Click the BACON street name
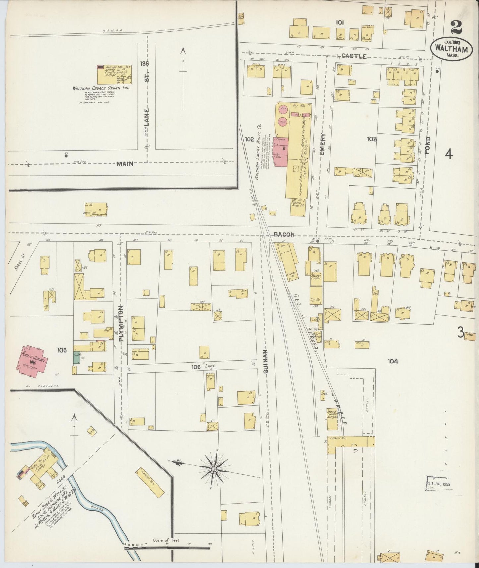[x=284, y=234]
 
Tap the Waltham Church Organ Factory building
[x=114, y=74]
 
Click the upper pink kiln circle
[x=283, y=109]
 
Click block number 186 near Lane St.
[x=145, y=63]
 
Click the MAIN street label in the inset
[x=125, y=163]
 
